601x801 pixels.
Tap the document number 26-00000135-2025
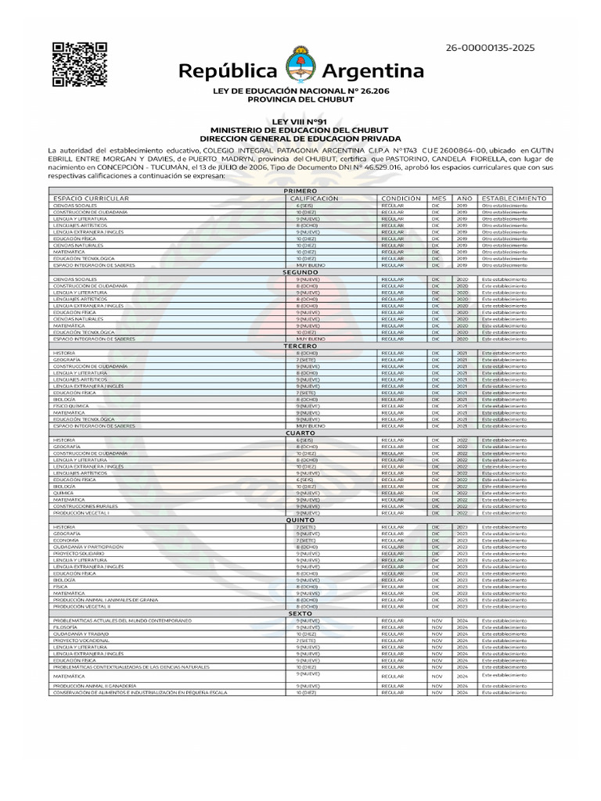[x=490, y=48]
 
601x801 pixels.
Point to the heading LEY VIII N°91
[x=300, y=121]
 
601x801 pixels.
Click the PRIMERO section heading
[x=300, y=191]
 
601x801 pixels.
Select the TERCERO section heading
[x=300, y=346]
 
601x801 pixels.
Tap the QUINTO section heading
[x=300, y=519]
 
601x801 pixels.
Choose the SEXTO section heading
[x=300, y=613]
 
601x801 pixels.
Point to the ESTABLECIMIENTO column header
[x=515, y=199]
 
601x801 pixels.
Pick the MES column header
[x=438, y=199]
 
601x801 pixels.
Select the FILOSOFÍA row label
[x=65, y=627]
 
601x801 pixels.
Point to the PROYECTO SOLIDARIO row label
[x=78, y=553]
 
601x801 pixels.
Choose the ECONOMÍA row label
[x=66, y=540]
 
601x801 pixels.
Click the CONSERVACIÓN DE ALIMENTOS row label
[x=140, y=692]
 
